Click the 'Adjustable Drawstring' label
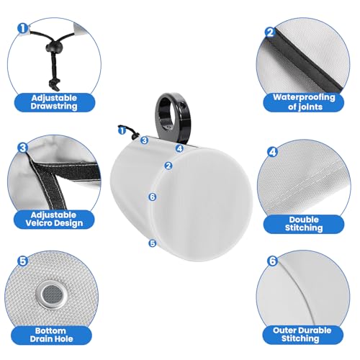[54, 102]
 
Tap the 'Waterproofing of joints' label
[304, 102]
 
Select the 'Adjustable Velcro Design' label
[54, 219]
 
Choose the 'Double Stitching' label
[304, 223]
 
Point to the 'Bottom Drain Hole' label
[51, 335]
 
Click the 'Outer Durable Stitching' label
[302, 334]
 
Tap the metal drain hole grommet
[51, 294]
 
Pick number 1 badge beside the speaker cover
[122, 131]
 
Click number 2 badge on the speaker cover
[168, 166]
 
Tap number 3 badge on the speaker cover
[144, 140]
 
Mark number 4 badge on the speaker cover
[179, 148]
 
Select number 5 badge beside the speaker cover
[153, 243]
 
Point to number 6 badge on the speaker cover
[153, 197]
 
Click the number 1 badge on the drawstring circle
[23, 29]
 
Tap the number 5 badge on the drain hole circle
[23, 261]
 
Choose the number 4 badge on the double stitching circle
[273, 152]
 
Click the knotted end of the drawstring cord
[54, 84]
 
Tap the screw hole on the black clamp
[182, 104]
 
